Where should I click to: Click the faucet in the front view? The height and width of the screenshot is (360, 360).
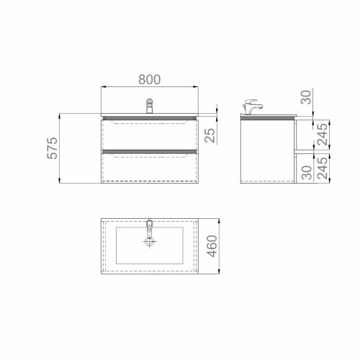tap(150, 105)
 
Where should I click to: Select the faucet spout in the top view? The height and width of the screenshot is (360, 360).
tap(150, 229)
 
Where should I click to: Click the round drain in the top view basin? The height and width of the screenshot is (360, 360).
tap(150, 243)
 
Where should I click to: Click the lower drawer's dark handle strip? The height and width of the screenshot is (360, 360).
tap(149, 152)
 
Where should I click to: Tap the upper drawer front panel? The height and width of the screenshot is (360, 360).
tap(149, 135)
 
